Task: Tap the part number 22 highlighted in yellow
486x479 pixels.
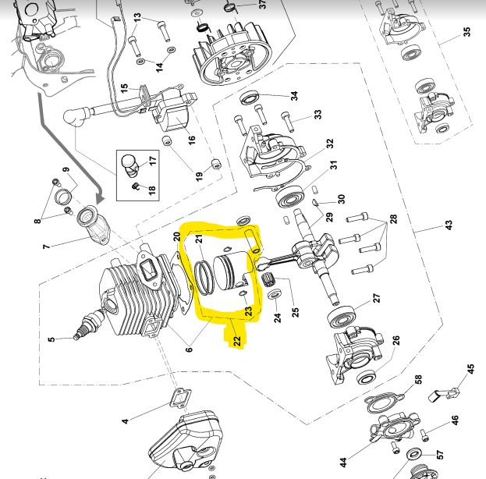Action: (237, 341)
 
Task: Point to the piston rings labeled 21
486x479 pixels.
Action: (204, 278)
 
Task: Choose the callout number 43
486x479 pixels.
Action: (449, 225)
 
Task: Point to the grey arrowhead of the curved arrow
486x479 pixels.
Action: (100, 197)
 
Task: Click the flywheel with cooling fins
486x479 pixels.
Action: (232, 55)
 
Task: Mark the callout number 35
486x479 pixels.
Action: (466, 32)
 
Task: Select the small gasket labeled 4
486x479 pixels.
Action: (180, 399)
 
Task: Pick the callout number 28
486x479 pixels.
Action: (393, 219)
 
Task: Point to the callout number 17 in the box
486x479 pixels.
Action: (152, 161)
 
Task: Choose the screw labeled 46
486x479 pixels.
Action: (425, 435)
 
